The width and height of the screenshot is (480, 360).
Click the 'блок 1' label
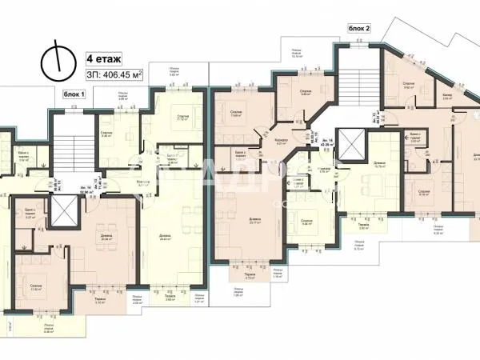(x=74, y=94)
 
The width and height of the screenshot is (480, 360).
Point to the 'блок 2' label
(x=360, y=28)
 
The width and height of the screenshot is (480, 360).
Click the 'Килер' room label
(x=446, y=94)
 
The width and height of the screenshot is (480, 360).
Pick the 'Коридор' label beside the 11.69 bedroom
(x=280, y=138)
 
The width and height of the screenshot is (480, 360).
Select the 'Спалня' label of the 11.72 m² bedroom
(x=183, y=116)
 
